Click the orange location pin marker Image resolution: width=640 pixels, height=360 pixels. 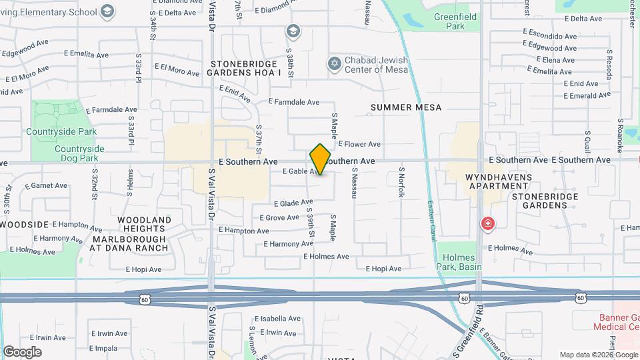[321, 159]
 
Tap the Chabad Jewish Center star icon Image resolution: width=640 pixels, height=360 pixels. [334, 64]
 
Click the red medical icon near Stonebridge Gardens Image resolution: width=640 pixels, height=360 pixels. [489, 223]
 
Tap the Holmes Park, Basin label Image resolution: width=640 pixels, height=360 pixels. [457, 262]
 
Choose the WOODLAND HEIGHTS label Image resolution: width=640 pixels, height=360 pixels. [145, 224]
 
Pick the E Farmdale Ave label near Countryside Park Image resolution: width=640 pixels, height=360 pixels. [111, 109]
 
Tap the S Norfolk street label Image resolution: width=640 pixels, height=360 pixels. [401, 181]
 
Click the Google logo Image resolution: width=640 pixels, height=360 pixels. [22, 351]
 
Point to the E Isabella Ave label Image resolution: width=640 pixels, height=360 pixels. [278, 319]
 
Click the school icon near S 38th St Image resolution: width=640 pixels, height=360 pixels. [292, 31]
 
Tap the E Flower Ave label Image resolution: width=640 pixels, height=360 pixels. [359, 144]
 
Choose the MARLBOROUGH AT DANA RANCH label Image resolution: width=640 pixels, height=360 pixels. [130, 243]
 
